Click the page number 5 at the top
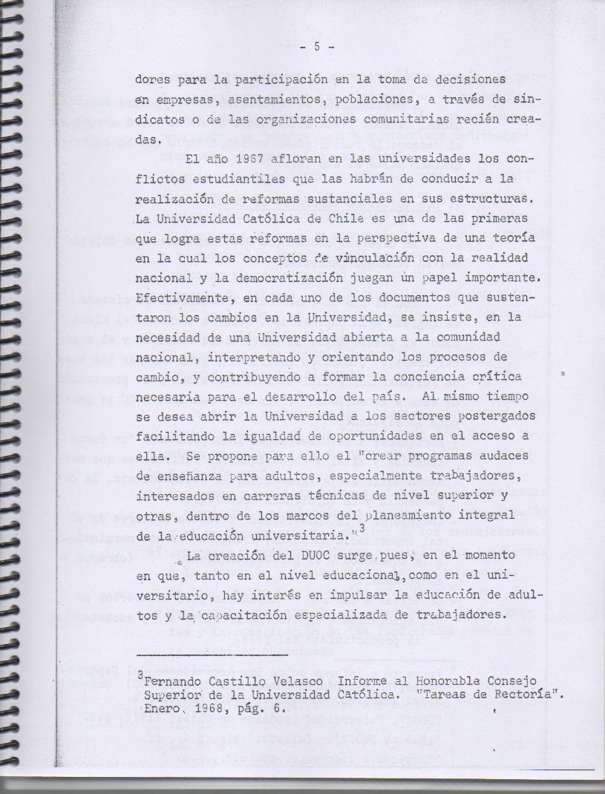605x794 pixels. [x=317, y=46]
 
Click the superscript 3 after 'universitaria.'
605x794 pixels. [x=362, y=528]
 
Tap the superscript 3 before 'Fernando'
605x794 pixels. [x=140, y=675]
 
